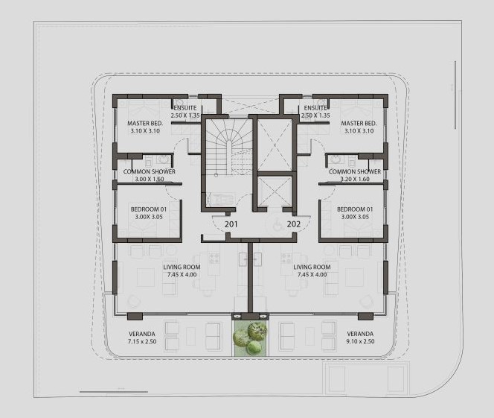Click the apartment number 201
(x=231, y=224)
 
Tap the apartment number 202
(x=294, y=224)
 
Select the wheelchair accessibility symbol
(x=278, y=225)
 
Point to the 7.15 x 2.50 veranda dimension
(x=142, y=341)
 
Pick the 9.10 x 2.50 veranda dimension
(x=360, y=341)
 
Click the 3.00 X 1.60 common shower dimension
(x=150, y=179)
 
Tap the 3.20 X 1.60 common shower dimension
(x=355, y=179)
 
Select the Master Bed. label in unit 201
(x=145, y=124)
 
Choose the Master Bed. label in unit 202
(x=359, y=124)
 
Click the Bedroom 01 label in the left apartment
(x=149, y=209)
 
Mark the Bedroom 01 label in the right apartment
(x=355, y=209)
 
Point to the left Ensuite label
(x=185, y=108)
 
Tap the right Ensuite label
(x=315, y=108)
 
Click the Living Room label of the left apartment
(x=182, y=267)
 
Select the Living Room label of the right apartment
(x=312, y=267)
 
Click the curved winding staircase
(x=228, y=148)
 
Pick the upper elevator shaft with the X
(x=275, y=145)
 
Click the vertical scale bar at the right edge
(x=455, y=95)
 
